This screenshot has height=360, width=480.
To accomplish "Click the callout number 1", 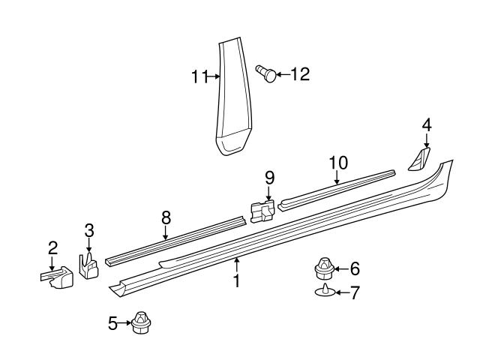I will click(236, 282).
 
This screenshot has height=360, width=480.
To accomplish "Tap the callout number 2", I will click(52, 247).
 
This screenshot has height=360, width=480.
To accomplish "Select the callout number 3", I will click(88, 231).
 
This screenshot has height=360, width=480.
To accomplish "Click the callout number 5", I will click(113, 324).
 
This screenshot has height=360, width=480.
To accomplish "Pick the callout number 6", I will click(355, 268).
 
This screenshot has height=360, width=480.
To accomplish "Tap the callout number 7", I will click(355, 292).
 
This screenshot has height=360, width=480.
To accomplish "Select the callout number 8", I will click(166, 217).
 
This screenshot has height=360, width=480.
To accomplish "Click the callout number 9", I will click(269, 178).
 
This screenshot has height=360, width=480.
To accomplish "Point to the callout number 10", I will click(337, 163).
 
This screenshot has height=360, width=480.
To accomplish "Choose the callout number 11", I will click(198, 75).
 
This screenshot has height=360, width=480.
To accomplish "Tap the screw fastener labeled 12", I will click(265, 73).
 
